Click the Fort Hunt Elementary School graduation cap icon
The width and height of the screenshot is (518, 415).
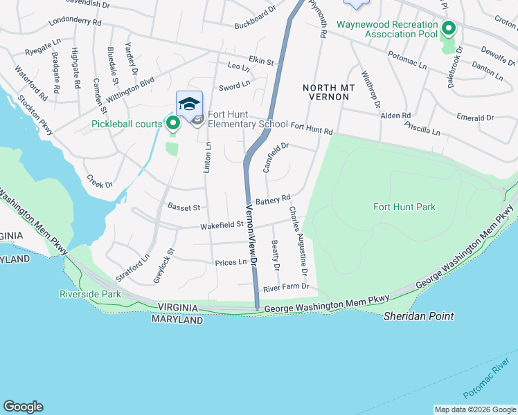coord(189,104)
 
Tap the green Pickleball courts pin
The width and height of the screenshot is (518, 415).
coord(173,124)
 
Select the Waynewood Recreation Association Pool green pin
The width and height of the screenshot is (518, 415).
coord(448,29)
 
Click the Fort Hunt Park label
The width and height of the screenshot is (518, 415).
coord(404,207)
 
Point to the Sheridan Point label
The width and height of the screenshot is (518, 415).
coord(419,316)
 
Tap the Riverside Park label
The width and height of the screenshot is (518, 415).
coord(90,294)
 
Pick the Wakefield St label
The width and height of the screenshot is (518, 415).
coord(222,225)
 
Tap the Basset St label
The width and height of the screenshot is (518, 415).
coord(184,207)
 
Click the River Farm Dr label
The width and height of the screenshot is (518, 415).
coord(285,286)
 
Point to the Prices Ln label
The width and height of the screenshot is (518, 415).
coord(231,262)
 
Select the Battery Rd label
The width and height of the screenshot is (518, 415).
coord(272,199)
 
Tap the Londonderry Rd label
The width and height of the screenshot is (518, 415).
coord(75,22)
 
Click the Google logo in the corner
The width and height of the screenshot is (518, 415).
coord(23,407)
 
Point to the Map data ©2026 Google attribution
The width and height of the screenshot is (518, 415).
coord(474,409)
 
